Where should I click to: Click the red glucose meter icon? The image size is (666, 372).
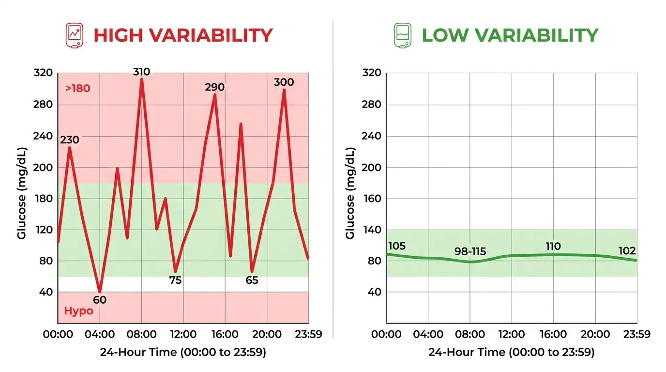point(75,35)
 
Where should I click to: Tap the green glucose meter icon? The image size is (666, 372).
point(403,35)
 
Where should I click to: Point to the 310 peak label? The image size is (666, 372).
point(141,72)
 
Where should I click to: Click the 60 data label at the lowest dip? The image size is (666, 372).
point(100,300)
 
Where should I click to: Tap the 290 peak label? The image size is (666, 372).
point(214,87)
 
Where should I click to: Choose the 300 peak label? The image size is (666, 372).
point(284,82)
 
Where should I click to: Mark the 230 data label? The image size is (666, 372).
point(69,140)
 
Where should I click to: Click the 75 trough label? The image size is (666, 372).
point(175,280)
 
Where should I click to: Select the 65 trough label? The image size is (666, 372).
point(252,280)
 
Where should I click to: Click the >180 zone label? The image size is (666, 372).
point(77,89)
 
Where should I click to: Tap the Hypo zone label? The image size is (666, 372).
point(78,311)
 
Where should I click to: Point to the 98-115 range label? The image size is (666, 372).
point(470,252)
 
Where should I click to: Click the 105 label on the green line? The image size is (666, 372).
point(397,247)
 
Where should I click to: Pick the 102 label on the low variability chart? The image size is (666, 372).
point(627,251)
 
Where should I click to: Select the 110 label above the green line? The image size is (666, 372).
point(553,247)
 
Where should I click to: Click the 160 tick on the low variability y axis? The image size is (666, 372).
point(372,199)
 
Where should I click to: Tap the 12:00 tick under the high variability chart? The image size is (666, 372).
point(183,335)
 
